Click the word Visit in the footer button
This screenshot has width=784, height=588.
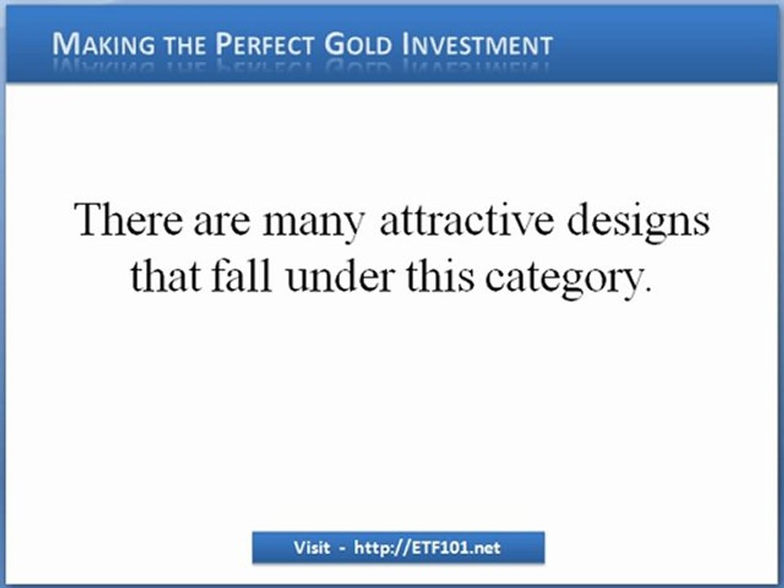311,548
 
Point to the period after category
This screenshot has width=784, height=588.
649,292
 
